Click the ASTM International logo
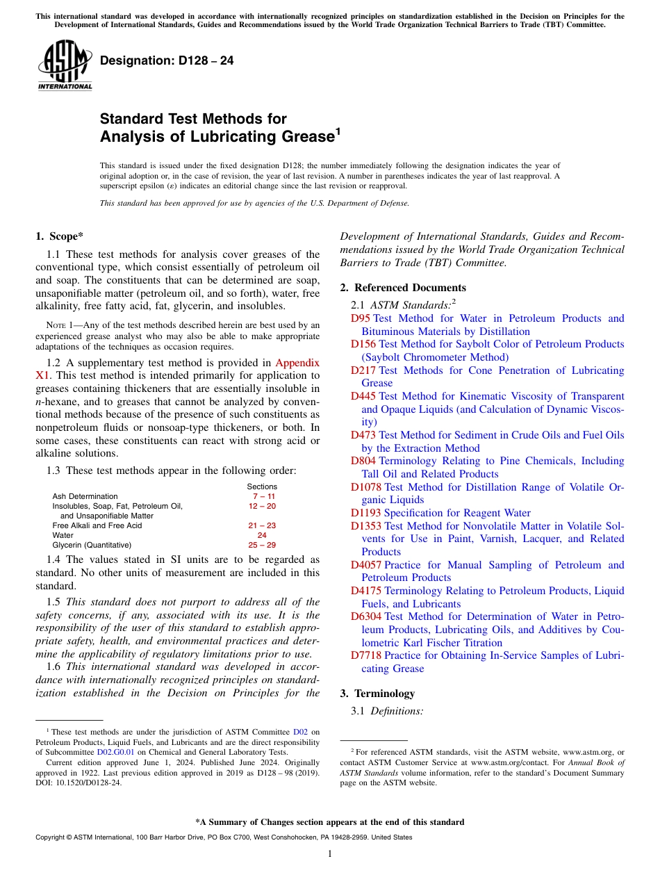[65, 66]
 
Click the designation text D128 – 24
[167, 61]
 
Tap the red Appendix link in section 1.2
[297, 362]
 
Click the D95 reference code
[361, 318]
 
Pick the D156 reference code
[363, 344]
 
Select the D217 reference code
[363, 370]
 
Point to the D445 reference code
[363, 396]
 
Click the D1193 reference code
[366, 513]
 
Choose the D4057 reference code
[366, 565]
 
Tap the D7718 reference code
[366, 655]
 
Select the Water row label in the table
[63, 535]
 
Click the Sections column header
[262, 486]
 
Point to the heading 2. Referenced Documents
[403, 288]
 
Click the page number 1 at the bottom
[330, 854]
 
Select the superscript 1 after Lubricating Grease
[338, 130]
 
